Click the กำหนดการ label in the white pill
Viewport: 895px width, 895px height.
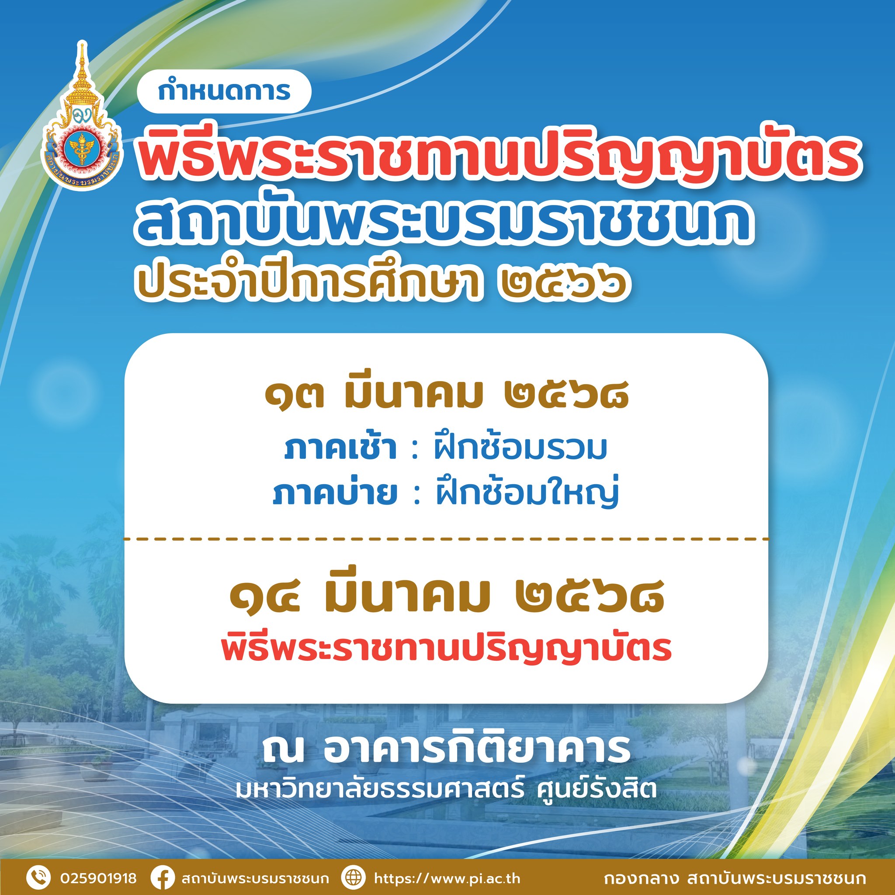coord(224,91)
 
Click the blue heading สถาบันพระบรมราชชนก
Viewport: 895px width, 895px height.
coord(442,223)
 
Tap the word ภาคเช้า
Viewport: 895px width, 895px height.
coord(340,448)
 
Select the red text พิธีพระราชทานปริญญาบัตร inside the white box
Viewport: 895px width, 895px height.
coord(447,649)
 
